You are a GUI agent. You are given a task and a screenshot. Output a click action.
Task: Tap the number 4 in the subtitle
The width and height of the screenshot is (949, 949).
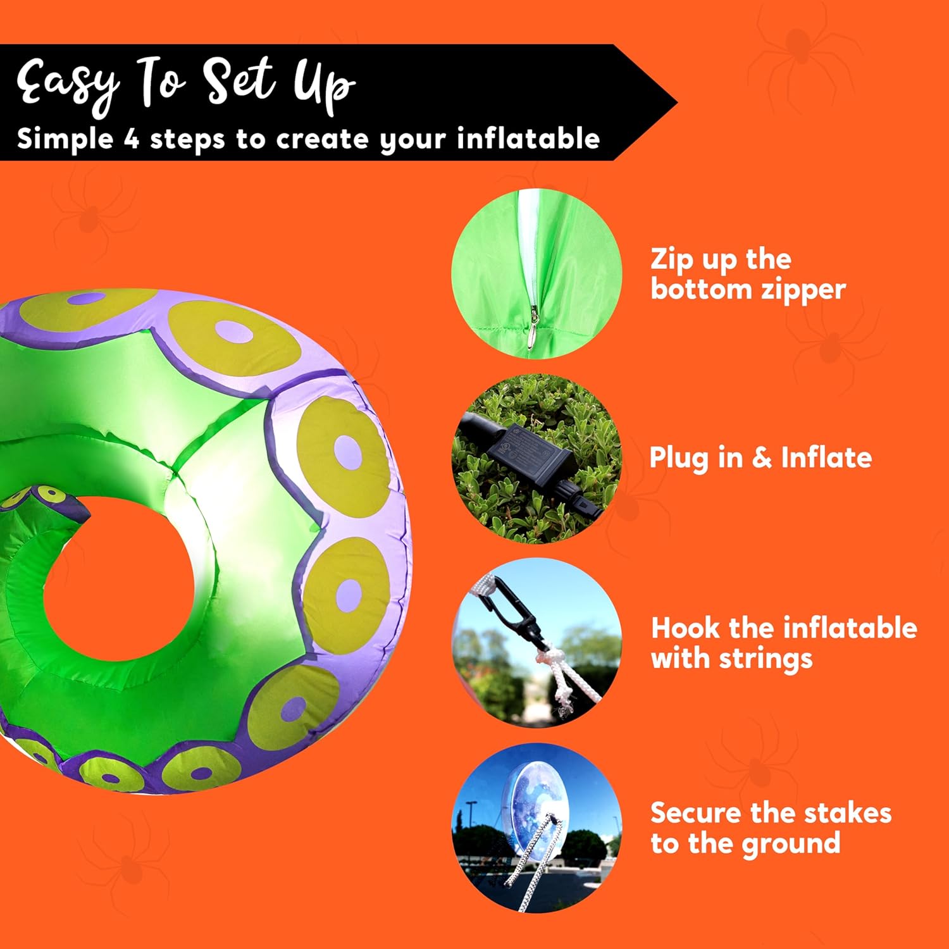pyautogui.click(x=131, y=139)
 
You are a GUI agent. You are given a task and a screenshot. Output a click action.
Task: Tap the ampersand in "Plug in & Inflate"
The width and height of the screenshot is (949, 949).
pyautogui.click(x=762, y=457)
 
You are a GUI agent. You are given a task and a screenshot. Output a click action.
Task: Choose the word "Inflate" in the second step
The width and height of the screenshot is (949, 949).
pyautogui.click(x=826, y=457)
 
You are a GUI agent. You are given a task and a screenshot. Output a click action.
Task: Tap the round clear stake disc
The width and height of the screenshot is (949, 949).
pyautogui.click(x=538, y=800)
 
